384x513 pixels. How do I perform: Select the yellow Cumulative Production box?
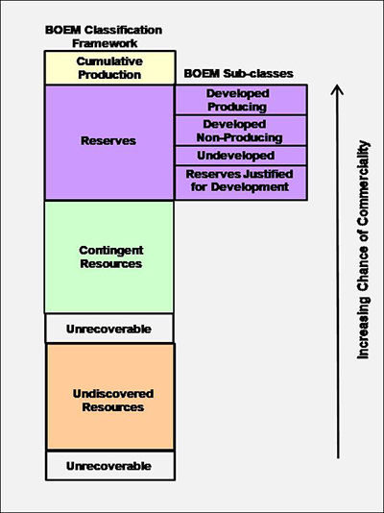coord(109,67)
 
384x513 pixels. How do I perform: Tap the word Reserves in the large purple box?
coord(109,141)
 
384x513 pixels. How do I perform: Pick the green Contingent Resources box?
coord(109,256)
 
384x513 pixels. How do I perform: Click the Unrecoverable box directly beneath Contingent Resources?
coord(109,329)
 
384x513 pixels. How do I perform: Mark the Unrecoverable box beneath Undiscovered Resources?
coord(109,466)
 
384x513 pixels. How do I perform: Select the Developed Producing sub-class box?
coord(240,100)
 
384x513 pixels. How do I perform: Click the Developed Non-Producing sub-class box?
coord(240,131)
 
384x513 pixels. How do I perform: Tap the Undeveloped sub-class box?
coord(240,156)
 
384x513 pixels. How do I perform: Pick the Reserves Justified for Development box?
coord(240,182)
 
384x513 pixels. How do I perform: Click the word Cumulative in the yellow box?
coord(109,61)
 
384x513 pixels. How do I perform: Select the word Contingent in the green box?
coord(109,250)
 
